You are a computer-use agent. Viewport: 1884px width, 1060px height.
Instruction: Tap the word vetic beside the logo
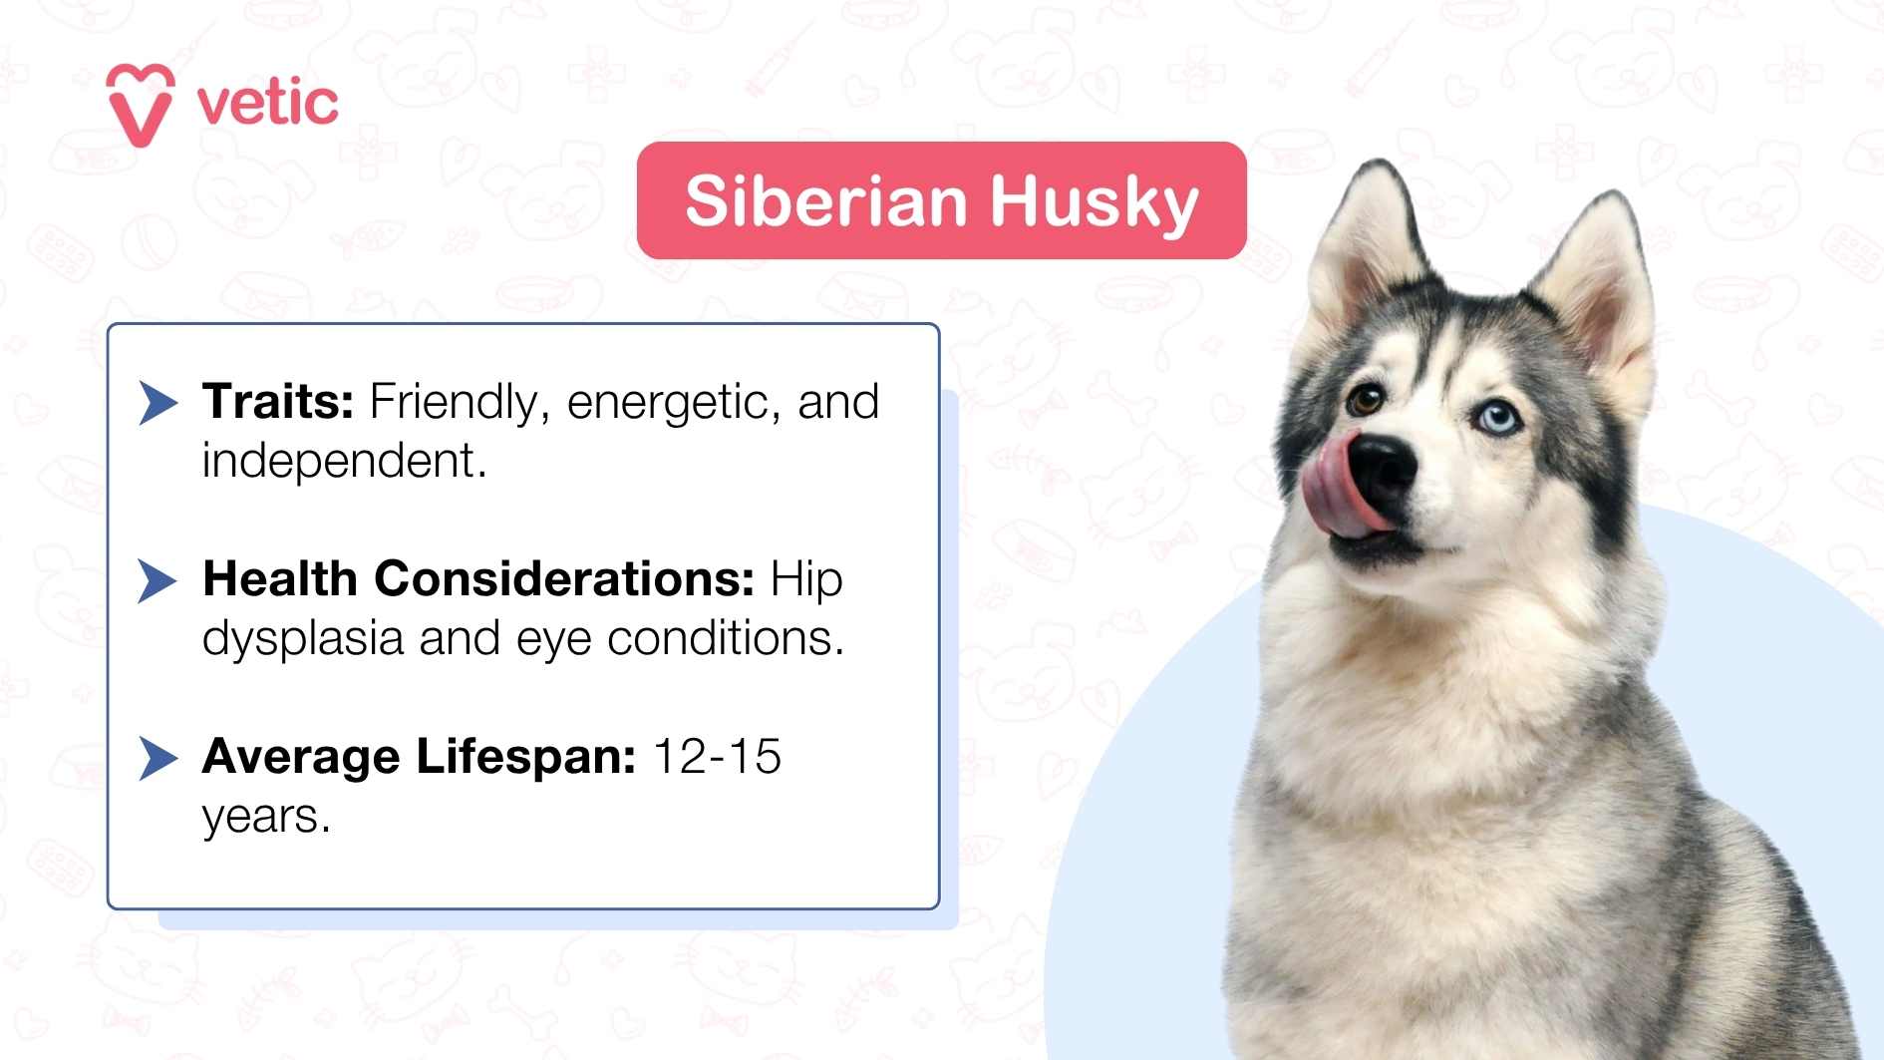(267, 104)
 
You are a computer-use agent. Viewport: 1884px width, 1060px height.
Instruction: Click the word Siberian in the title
(826, 201)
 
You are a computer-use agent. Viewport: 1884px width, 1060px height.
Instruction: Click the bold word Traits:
(278, 401)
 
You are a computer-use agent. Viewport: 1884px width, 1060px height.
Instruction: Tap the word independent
(343, 461)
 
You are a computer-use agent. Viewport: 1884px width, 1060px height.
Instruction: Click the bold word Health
(280, 578)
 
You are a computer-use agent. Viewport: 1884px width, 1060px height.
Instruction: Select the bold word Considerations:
(564, 578)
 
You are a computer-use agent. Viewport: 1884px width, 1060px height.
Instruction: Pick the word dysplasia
(302, 639)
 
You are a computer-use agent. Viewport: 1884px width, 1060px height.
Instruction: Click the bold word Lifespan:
(525, 756)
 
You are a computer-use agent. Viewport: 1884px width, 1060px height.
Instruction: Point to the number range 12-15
(717, 756)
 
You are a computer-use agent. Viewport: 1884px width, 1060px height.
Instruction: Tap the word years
(265, 817)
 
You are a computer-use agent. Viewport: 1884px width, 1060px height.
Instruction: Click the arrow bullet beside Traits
(157, 402)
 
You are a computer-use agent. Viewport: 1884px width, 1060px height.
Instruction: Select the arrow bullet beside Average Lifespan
(157, 758)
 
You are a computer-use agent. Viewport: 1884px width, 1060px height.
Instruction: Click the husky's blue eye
(1495, 419)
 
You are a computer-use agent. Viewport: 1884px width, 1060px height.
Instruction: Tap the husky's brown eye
(1365, 402)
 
